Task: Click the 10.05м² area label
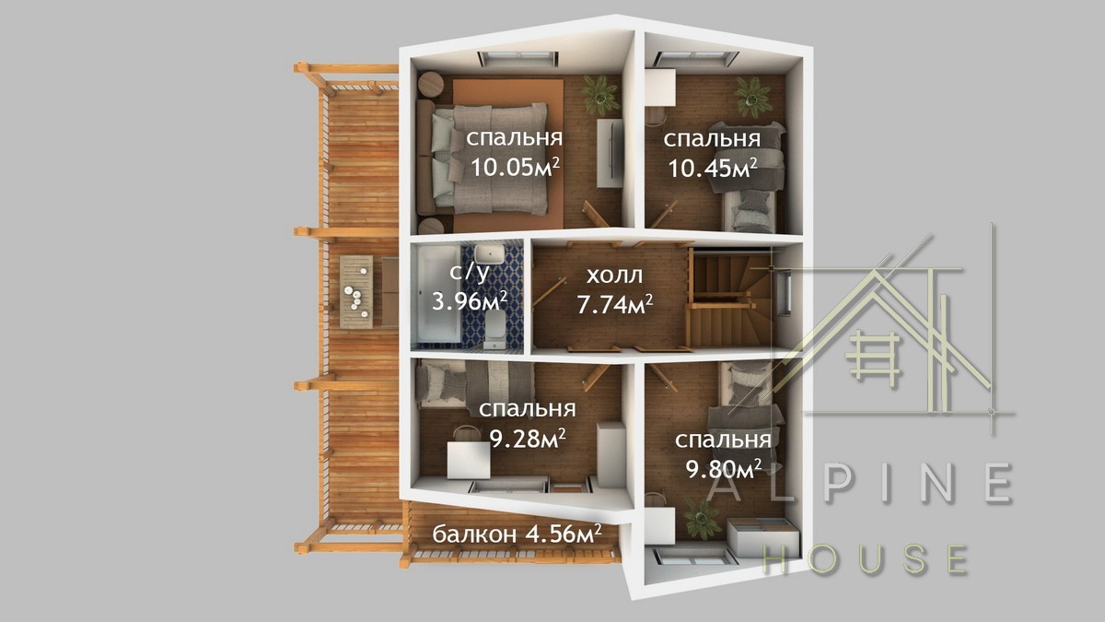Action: [515, 168]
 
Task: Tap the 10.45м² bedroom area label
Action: [713, 169]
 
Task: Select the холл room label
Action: [615, 276]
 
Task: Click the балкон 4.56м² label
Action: [517, 534]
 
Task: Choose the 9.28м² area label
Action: [527, 438]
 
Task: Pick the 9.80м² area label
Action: [723, 468]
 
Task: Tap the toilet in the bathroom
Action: [494, 329]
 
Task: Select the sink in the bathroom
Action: [489, 254]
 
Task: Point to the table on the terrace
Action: [356, 292]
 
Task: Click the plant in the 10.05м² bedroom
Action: [599, 95]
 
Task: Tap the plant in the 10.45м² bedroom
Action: [753, 97]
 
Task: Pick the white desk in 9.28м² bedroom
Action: [469, 460]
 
